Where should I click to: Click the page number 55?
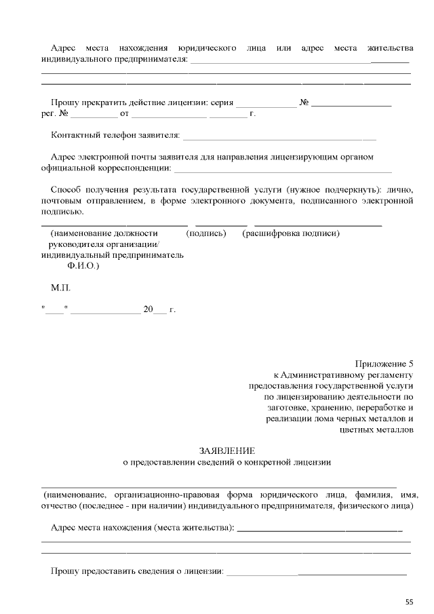(409, 601)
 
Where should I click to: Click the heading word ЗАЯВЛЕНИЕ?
(226, 450)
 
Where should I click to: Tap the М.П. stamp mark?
(61, 288)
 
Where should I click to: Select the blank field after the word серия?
(266, 106)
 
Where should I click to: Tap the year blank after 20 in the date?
(159, 311)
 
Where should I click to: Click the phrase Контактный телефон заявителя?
(115, 136)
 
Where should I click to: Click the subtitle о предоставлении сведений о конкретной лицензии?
(226, 463)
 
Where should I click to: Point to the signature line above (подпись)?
(221, 224)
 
